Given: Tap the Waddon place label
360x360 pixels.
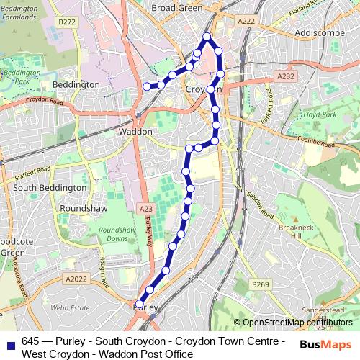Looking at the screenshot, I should point(135,132).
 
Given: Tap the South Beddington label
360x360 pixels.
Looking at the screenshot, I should point(49,188).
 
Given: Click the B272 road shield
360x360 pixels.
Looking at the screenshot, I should point(67,22).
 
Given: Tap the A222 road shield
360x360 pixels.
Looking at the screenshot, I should point(247,22).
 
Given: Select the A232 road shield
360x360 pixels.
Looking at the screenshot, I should point(286,76).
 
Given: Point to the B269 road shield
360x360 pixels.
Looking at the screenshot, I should point(260,286).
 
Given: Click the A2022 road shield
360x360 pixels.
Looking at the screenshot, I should point(74,279).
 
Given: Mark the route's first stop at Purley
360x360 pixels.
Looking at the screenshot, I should point(139,304).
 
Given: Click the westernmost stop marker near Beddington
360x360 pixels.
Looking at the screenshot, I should point(147,86).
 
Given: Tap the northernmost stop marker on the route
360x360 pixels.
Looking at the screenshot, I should point(207,36).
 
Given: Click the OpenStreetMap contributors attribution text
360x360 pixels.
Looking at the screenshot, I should point(297,323).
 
